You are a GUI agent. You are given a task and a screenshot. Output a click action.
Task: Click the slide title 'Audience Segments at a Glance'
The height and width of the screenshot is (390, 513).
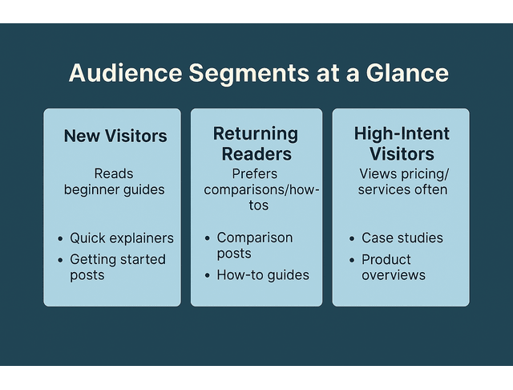pos(258,72)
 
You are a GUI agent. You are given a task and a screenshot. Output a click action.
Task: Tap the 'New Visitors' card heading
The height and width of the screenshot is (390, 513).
pos(115,136)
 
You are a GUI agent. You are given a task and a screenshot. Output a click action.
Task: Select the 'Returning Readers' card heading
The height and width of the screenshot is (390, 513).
pos(256,143)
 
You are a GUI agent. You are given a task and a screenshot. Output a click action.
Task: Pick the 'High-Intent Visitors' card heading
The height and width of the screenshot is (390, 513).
pos(402,143)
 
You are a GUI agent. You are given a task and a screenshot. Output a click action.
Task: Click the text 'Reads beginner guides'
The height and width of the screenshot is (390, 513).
pos(114,181)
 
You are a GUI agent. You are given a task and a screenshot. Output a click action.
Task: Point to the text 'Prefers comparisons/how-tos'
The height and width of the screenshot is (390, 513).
pos(261,189)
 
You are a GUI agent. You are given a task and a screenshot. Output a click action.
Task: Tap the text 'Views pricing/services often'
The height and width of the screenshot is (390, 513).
pos(402,181)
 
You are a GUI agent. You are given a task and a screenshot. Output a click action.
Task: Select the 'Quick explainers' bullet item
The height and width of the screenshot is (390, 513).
pos(121,238)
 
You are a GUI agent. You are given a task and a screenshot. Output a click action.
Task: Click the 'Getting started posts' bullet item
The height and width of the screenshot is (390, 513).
pos(117,267)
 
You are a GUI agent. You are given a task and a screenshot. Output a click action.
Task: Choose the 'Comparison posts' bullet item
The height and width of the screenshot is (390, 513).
pos(254,246)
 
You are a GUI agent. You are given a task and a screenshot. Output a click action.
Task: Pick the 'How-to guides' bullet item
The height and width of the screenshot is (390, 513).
pos(262,275)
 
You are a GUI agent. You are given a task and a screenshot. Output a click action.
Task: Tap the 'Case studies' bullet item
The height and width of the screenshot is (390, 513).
pos(402,238)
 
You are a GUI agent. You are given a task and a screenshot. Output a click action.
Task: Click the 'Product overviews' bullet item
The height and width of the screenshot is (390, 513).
pos(393,267)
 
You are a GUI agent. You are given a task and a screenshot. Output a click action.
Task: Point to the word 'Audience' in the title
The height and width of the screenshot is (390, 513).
pos(124,72)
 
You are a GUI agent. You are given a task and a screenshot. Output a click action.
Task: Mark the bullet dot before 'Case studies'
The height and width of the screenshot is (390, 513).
pos(353,239)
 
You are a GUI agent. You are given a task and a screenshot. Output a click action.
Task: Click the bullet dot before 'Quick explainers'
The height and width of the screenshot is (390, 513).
pos(61,239)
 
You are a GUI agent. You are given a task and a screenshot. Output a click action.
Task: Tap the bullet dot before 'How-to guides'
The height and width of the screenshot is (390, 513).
pos(208,276)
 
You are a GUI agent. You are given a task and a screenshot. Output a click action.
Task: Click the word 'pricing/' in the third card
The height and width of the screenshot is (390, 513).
pos(427,173)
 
